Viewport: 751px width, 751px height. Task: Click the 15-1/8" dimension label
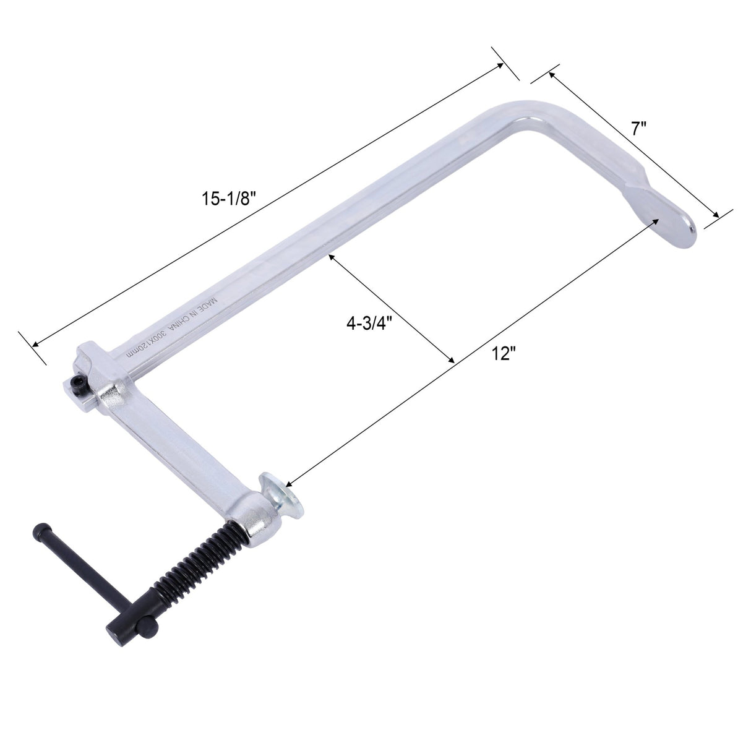(x=228, y=199)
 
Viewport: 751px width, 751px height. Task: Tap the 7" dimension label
(x=639, y=129)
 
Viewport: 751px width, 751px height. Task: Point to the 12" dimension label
(x=504, y=353)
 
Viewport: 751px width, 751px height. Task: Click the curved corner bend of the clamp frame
(x=532, y=114)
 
